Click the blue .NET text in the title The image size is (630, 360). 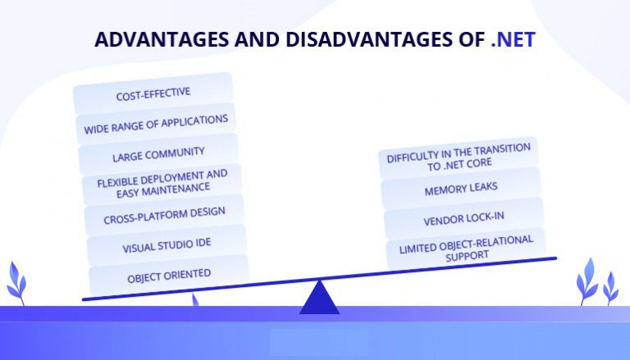tap(513, 39)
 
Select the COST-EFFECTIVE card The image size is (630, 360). tap(153, 93)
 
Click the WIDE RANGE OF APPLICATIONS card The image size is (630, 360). tap(156, 124)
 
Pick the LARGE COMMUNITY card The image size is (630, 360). tap(158, 154)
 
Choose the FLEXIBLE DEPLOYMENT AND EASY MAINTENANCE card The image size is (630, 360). tap(162, 184)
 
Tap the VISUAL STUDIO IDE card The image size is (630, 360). tap(167, 245)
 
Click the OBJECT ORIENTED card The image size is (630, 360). tap(169, 276)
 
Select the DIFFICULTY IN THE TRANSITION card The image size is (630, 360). tap(459, 158)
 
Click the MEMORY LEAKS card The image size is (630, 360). tap(461, 189)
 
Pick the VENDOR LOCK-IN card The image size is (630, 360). tap(463, 219)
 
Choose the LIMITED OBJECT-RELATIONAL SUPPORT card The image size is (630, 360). tap(466, 248)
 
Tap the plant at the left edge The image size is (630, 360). tap(16, 284)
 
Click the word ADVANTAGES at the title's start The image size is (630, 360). tap(162, 39)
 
